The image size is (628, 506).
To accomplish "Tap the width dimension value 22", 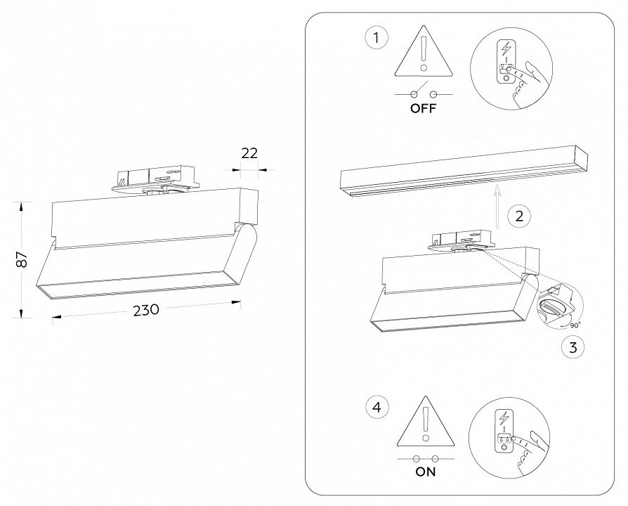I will tap(249, 153).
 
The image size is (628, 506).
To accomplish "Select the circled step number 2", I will tap(518, 216).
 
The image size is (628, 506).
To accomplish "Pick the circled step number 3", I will tap(573, 346).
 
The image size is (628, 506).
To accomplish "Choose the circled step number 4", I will tap(377, 406).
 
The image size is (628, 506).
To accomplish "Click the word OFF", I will tap(423, 109).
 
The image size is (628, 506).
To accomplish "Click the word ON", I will tap(426, 472).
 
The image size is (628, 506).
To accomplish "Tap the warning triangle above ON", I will tap(425, 423).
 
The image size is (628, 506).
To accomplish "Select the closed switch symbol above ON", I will tap(425, 457).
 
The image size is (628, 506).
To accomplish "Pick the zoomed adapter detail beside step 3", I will tap(559, 303).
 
